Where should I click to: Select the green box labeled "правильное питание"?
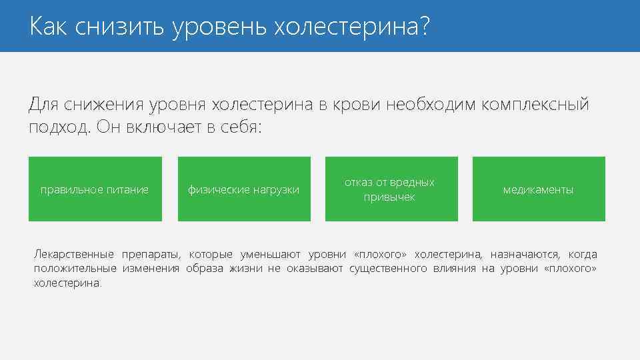pos(95,189)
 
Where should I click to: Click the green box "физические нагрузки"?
pos(244,189)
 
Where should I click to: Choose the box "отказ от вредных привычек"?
pos(391,189)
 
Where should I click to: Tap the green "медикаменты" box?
pos(539,189)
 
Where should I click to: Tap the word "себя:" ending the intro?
pos(241,127)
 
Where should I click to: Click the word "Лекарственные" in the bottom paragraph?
pos(73,254)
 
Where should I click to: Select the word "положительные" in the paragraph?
pos(73,268)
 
